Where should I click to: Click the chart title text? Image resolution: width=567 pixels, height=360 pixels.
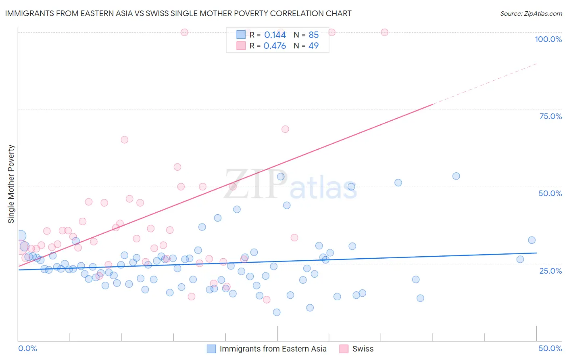click(178, 13)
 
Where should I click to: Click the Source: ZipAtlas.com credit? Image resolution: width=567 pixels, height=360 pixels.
click(531, 13)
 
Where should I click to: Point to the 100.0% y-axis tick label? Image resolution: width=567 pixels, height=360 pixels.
click(548, 39)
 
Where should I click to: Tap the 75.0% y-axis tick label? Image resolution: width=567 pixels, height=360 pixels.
click(550, 116)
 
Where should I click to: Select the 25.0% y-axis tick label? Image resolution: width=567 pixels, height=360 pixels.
click(550, 270)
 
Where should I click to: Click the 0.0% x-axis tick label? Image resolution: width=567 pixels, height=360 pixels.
click(27, 348)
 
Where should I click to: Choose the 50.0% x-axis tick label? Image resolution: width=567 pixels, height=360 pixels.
click(550, 348)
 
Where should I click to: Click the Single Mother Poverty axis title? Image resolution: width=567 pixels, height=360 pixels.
click(11, 184)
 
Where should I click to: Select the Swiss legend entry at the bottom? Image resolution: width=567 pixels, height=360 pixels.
click(363, 349)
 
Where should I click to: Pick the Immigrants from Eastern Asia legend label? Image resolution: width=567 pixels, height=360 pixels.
click(273, 349)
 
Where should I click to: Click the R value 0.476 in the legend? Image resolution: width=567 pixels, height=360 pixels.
click(275, 46)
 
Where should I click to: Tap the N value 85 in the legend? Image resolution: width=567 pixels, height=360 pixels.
click(314, 35)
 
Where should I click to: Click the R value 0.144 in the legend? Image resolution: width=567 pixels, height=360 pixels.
click(275, 35)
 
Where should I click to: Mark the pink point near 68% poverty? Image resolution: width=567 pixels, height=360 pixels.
click(285, 129)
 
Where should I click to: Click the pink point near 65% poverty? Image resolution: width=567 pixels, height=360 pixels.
click(125, 140)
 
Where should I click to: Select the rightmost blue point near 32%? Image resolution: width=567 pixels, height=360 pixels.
click(532, 240)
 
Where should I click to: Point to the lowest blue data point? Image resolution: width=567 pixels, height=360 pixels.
click(277, 312)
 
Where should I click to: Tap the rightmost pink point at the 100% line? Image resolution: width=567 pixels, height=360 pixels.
click(385, 32)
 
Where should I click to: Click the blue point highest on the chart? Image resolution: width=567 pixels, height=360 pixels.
click(456, 176)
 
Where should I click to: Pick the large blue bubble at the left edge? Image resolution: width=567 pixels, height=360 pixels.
click(21, 236)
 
